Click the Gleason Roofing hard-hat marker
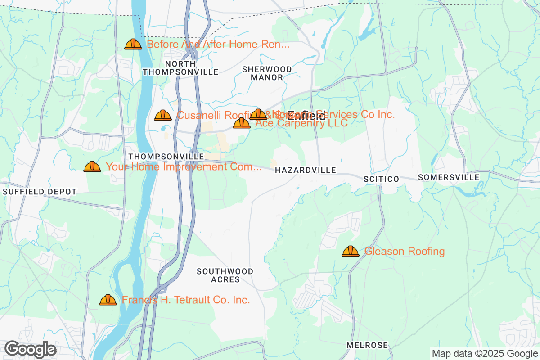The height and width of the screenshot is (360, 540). (x=350, y=251)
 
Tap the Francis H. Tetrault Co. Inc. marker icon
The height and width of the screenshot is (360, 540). (x=108, y=300)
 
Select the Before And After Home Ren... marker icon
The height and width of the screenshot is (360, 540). (x=133, y=44)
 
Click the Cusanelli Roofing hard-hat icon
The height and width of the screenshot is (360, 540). (x=162, y=115)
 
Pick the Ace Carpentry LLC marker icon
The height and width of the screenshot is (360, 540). (x=241, y=123)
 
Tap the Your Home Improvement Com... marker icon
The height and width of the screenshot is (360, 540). (x=92, y=166)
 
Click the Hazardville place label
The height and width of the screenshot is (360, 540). (x=305, y=170)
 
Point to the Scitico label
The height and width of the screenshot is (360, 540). (x=381, y=179)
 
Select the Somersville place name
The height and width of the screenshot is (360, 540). (x=448, y=178)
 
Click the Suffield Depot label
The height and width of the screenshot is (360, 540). (x=40, y=192)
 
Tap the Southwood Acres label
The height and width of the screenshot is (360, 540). (x=225, y=275)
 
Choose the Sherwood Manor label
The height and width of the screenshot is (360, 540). (x=267, y=73)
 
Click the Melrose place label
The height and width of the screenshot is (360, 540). (x=367, y=345)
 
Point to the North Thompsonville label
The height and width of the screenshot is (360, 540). (x=180, y=68)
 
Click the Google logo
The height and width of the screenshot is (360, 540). (x=30, y=349)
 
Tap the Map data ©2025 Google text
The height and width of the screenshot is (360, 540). (x=485, y=353)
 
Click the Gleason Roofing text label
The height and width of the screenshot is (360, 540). (x=404, y=251)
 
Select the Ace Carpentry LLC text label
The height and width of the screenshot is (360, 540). (x=301, y=123)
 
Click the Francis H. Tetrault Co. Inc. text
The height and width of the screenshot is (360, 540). (x=186, y=300)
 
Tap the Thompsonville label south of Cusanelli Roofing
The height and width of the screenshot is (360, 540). (x=166, y=156)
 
